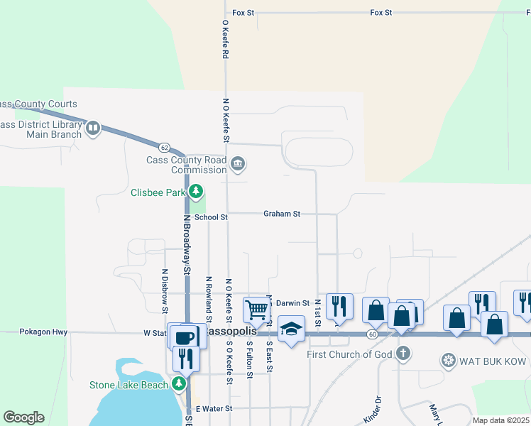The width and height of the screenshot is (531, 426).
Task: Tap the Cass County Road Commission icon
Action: tap(238, 165)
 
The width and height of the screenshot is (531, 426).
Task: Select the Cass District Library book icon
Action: tap(93, 129)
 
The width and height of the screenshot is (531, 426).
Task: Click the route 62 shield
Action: tap(164, 148)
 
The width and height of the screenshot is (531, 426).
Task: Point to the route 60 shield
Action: tap(372, 333)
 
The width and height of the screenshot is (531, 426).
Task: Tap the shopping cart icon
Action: tap(256, 309)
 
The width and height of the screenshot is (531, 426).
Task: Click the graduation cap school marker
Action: tap(291, 329)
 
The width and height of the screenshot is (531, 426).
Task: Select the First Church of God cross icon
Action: tap(403, 354)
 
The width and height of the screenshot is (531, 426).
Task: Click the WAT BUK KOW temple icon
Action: tap(448, 361)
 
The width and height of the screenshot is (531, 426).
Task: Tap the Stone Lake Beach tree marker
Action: tap(180, 384)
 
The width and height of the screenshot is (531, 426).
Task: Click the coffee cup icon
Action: tap(184, 336)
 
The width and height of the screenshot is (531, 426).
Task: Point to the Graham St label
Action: tap(282, 213)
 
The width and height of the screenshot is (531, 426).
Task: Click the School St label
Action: tap(211, 217)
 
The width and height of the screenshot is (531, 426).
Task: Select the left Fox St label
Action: tap(243, 13)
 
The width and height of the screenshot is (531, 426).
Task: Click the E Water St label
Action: tap(214, 408)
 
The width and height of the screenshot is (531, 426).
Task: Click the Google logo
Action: tap(23, 417)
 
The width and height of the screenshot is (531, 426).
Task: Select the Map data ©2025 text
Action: tap(499, 420)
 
